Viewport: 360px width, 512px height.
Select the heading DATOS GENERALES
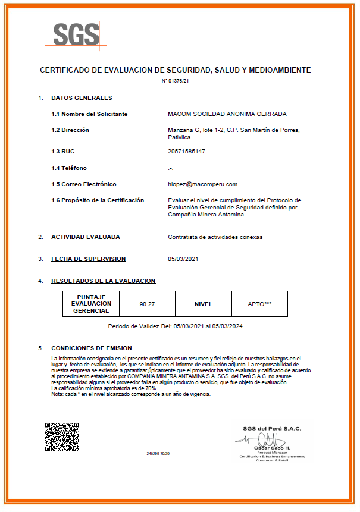point(82,98)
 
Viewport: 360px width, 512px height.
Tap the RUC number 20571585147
point(187,152)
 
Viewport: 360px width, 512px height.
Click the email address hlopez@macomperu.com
point(203,184)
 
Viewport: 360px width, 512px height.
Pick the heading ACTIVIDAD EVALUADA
point(86,237)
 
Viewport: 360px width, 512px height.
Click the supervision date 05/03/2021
point(184,259)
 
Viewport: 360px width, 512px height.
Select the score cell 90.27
point(147,304)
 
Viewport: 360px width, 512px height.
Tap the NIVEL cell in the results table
point(204,304)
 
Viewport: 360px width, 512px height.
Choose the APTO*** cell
point(259,304)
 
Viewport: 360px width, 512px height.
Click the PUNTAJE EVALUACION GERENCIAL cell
point(91,304)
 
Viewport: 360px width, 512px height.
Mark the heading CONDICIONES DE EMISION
point(92,348)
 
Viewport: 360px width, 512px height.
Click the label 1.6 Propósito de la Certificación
point(98,200)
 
